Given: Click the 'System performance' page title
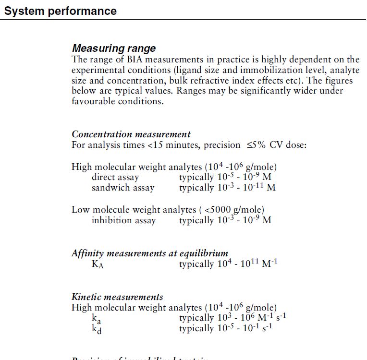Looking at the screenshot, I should coord(60,11).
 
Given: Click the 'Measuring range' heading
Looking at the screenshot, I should coord(114,48).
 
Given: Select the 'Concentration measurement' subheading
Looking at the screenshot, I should coord(131,134).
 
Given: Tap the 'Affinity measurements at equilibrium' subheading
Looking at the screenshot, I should coord(150,253).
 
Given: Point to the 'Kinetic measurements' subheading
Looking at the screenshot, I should coord(117,297).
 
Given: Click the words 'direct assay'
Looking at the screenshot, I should coord(115,177).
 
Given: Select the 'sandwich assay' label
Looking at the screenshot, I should coord(123,188).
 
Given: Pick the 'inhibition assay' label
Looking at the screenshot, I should coord(124,220).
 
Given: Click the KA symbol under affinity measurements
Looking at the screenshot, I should coord(98,264).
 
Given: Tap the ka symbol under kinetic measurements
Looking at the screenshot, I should coord(96,318).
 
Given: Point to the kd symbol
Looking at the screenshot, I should coord(96,329).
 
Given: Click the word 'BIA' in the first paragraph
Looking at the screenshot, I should coord(134,60).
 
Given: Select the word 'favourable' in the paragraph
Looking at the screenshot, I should coord(93,101).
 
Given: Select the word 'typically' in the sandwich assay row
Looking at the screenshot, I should coord(196,188).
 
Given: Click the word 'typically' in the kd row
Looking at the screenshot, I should coord(196,329).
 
